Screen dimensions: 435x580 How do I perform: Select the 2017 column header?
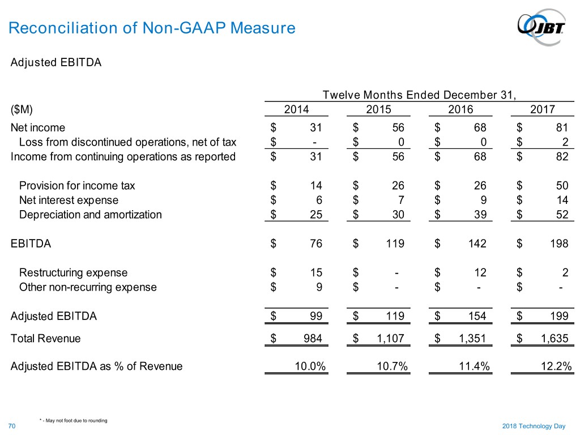[543, 110]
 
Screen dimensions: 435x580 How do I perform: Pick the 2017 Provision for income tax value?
[562, 185]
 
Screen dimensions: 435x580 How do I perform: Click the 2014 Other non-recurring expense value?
[319, 287]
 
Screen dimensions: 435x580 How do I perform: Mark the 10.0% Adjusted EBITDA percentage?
[310, 366]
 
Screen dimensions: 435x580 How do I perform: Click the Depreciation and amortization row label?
[90, 215]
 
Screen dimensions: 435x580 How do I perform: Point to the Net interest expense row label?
[69, 200]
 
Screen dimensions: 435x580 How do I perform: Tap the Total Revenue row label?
[46, 339]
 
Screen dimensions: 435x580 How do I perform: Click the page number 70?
[12, 425]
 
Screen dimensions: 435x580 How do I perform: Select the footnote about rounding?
[74, 420]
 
